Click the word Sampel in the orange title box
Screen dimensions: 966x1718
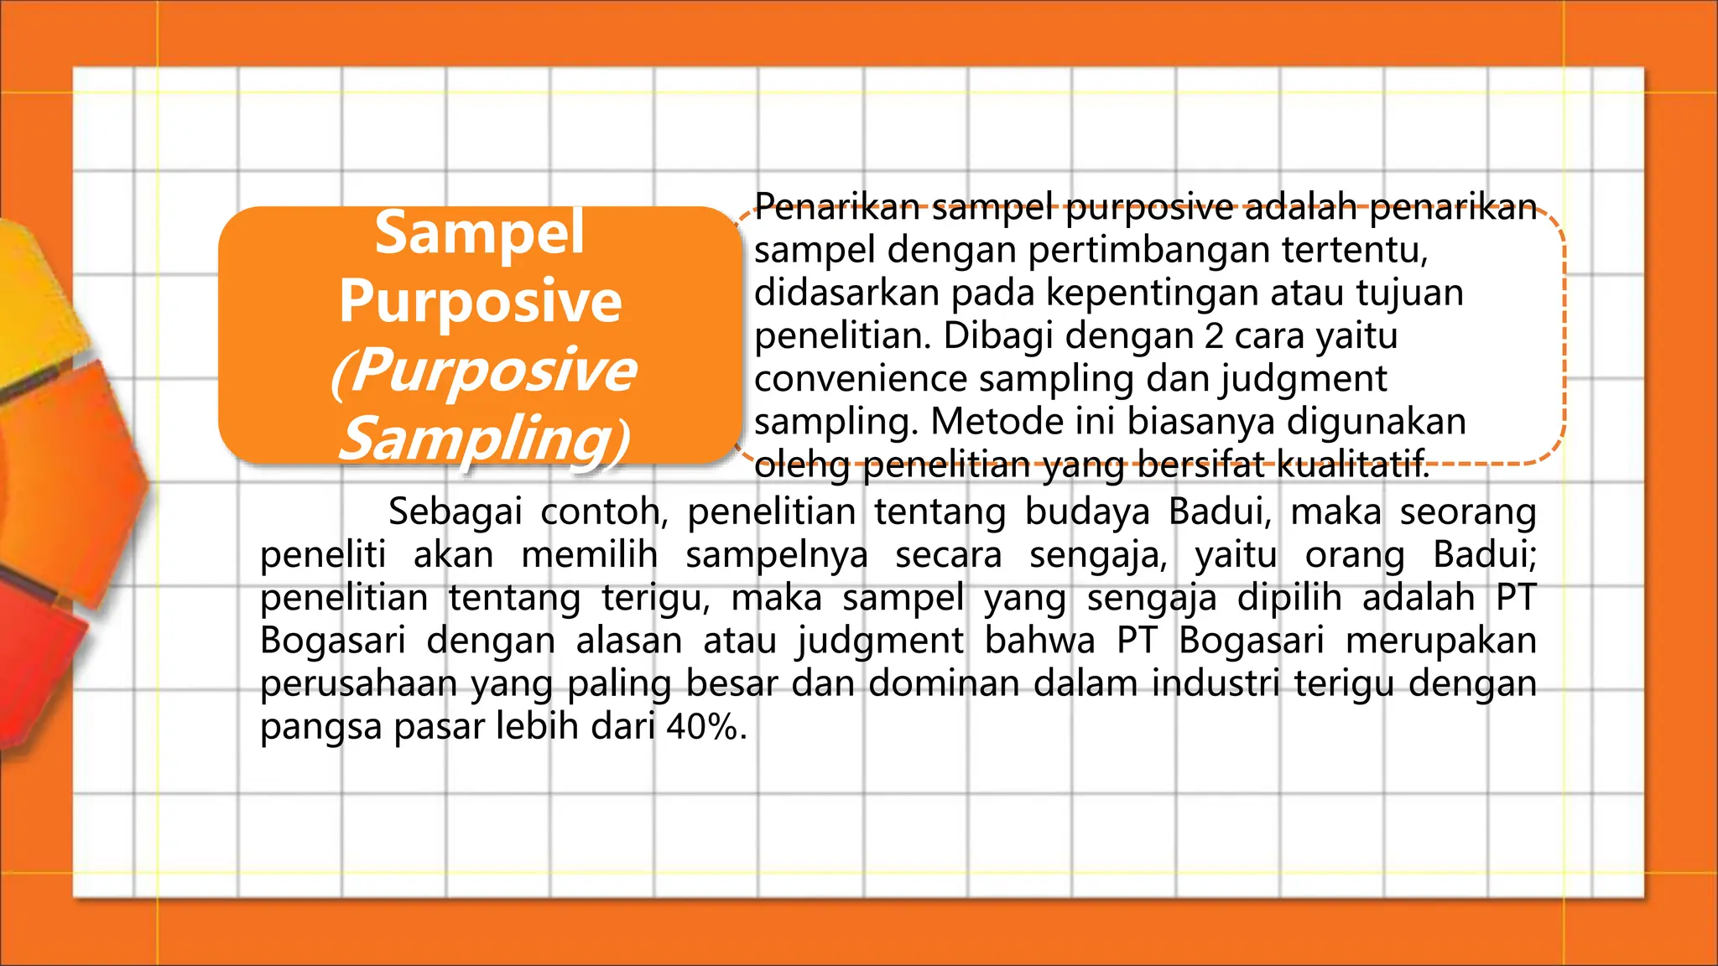[x=479, y=233]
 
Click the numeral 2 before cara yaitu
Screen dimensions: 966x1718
[x=1214, y=336]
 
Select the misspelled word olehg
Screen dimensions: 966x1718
[x=802, y=465]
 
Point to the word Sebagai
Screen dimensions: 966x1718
[x=456, y=512]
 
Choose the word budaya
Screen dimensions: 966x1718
[x=1087, y=512]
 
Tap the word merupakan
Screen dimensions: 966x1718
[x=1440, y=641]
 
